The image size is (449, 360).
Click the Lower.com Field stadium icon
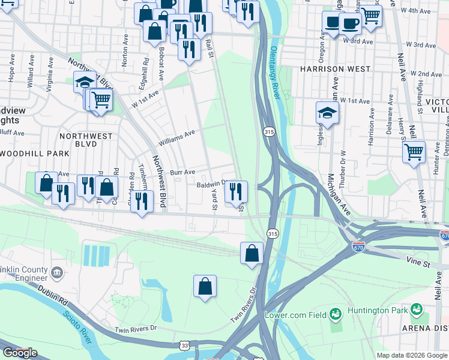click(335, 313)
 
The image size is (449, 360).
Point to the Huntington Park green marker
click(415, 310)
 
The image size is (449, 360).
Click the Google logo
click(20, 353)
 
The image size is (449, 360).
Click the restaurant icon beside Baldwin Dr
click(236, 191)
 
